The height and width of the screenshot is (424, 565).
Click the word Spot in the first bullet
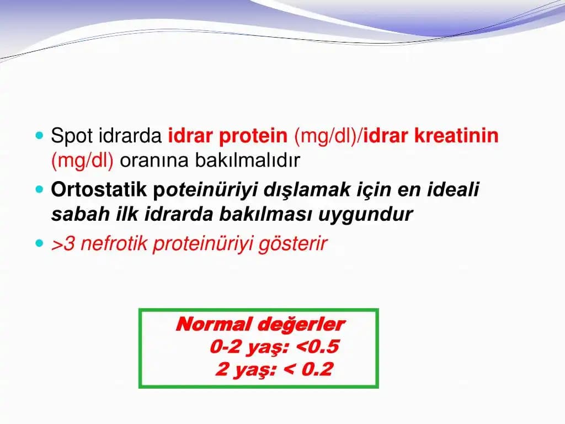[72, 136]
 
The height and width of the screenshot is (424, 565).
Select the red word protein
[253, 136]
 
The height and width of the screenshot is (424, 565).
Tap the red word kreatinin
[456, 136]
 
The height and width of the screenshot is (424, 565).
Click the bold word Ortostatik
[99, 189]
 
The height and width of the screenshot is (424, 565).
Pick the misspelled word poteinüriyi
[205, 190]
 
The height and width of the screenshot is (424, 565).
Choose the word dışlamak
[307, 189]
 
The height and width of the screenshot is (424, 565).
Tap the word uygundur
[365, 215]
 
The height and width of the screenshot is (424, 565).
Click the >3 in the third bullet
[63, 243]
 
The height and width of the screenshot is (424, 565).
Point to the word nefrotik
[114, 243]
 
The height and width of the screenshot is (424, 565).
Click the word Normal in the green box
[213, 324]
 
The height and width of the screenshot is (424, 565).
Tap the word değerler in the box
[301, 325]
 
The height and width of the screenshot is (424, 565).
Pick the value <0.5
[317, 347]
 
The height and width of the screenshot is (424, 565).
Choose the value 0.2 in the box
[317, 369]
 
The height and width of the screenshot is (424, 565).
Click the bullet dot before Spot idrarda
[39, 136]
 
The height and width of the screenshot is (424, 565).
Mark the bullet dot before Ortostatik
[39, 190]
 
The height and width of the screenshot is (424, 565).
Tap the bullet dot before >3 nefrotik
[39, 243]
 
